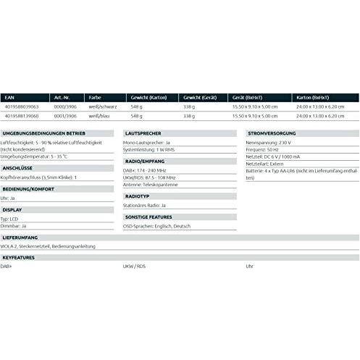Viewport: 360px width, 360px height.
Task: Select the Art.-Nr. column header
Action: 61,96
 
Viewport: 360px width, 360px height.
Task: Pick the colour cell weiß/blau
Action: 99,115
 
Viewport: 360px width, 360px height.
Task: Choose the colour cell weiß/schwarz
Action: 102,106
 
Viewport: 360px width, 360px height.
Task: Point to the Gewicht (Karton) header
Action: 148,96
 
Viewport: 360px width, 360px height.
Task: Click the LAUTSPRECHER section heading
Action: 143,134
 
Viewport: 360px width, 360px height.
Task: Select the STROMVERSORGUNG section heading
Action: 272,134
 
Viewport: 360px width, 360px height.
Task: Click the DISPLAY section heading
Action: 12,209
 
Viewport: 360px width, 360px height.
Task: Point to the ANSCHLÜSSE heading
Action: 17,167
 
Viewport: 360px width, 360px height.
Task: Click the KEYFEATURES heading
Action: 18,256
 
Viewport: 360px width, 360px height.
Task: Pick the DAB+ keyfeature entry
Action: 9,266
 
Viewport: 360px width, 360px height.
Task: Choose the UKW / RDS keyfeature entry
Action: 135,266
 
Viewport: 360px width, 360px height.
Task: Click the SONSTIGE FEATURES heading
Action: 148,216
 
